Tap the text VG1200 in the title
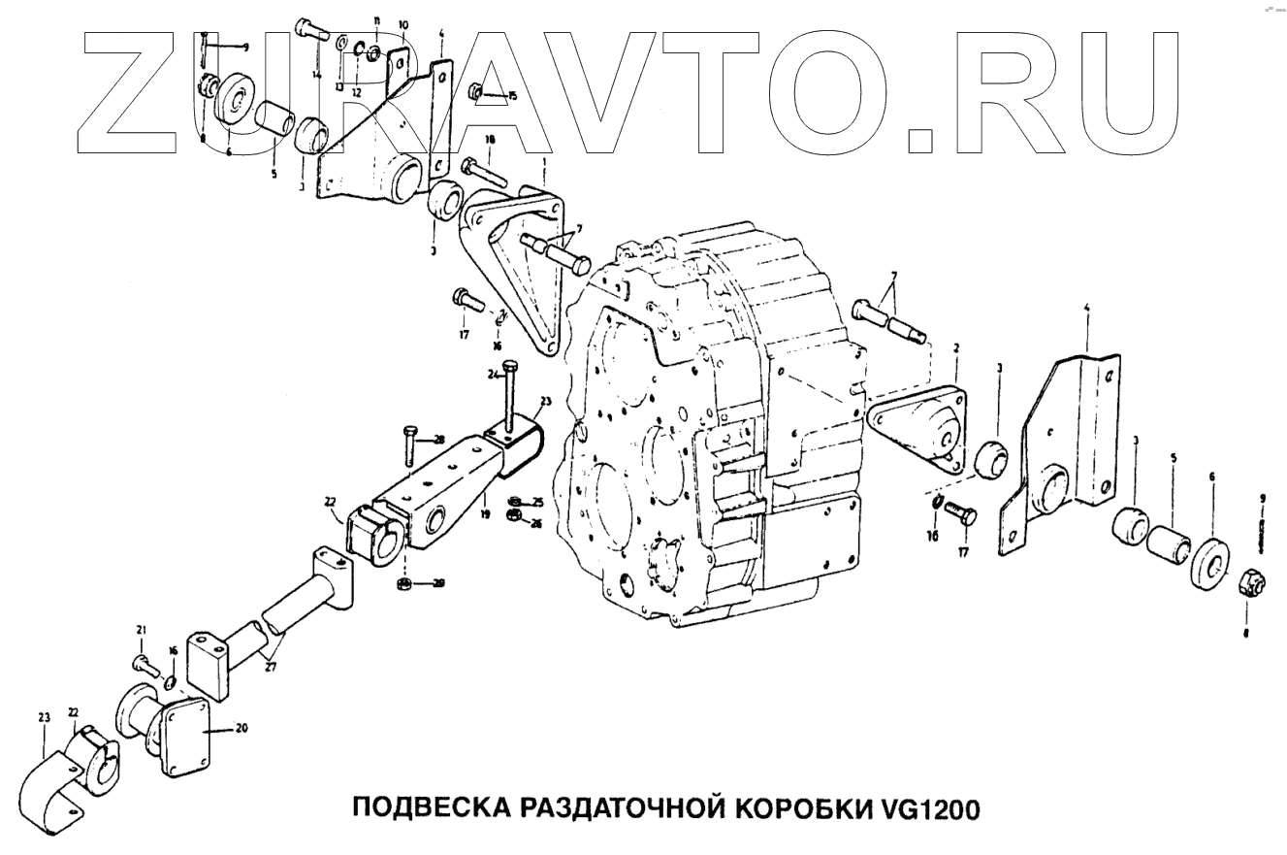pyautogui.click(x=929, y=809)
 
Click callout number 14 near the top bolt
pyautogui.click(x=317, y=74)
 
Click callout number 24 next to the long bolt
pyautogui.click(x=494, y=375)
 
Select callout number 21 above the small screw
pyautogui.click(x=141, y=631)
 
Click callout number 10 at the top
pyautogui.click(x=403, y=24)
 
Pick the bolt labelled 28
pyautogui.click(x=409, y=446)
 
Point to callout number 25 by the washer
pyautogui.click(x=536, y=501)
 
